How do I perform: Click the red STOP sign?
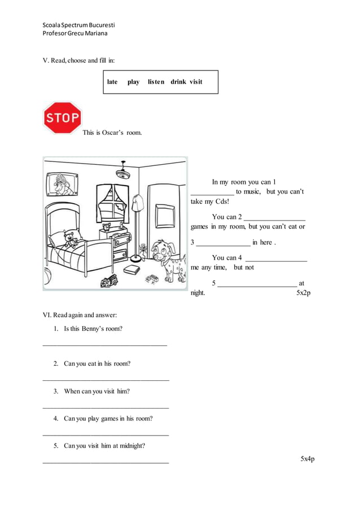click(62, 118)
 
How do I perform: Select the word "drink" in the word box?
click(178, 82)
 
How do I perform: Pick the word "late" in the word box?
click(112, 82)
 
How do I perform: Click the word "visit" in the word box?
click(196, 82)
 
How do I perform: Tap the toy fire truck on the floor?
click(108, 282)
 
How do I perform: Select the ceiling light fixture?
click(123, 169)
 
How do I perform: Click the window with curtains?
click(115, 203)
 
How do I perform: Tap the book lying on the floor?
click(131, 270)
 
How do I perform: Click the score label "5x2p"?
click(304, 293)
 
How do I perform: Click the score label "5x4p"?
click(308, 459)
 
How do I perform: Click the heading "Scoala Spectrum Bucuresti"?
click(79, 25)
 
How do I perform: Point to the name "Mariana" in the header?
click(95, 33)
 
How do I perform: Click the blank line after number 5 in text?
click(257, 286)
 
